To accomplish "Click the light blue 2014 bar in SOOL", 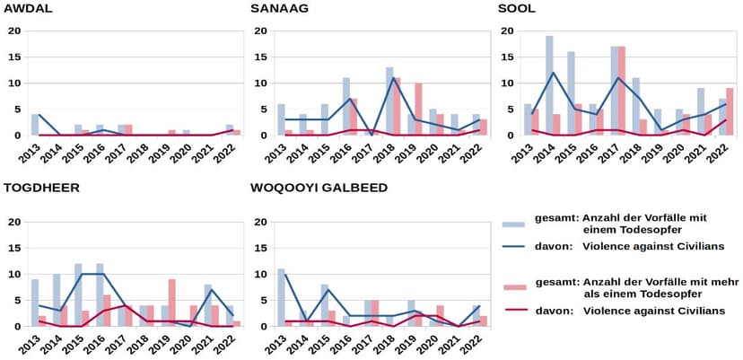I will (549, 86).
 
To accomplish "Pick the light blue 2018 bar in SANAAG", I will (389, 101).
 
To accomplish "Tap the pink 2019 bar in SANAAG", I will (417, 110).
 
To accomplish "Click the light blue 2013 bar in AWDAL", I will (35, 125).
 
